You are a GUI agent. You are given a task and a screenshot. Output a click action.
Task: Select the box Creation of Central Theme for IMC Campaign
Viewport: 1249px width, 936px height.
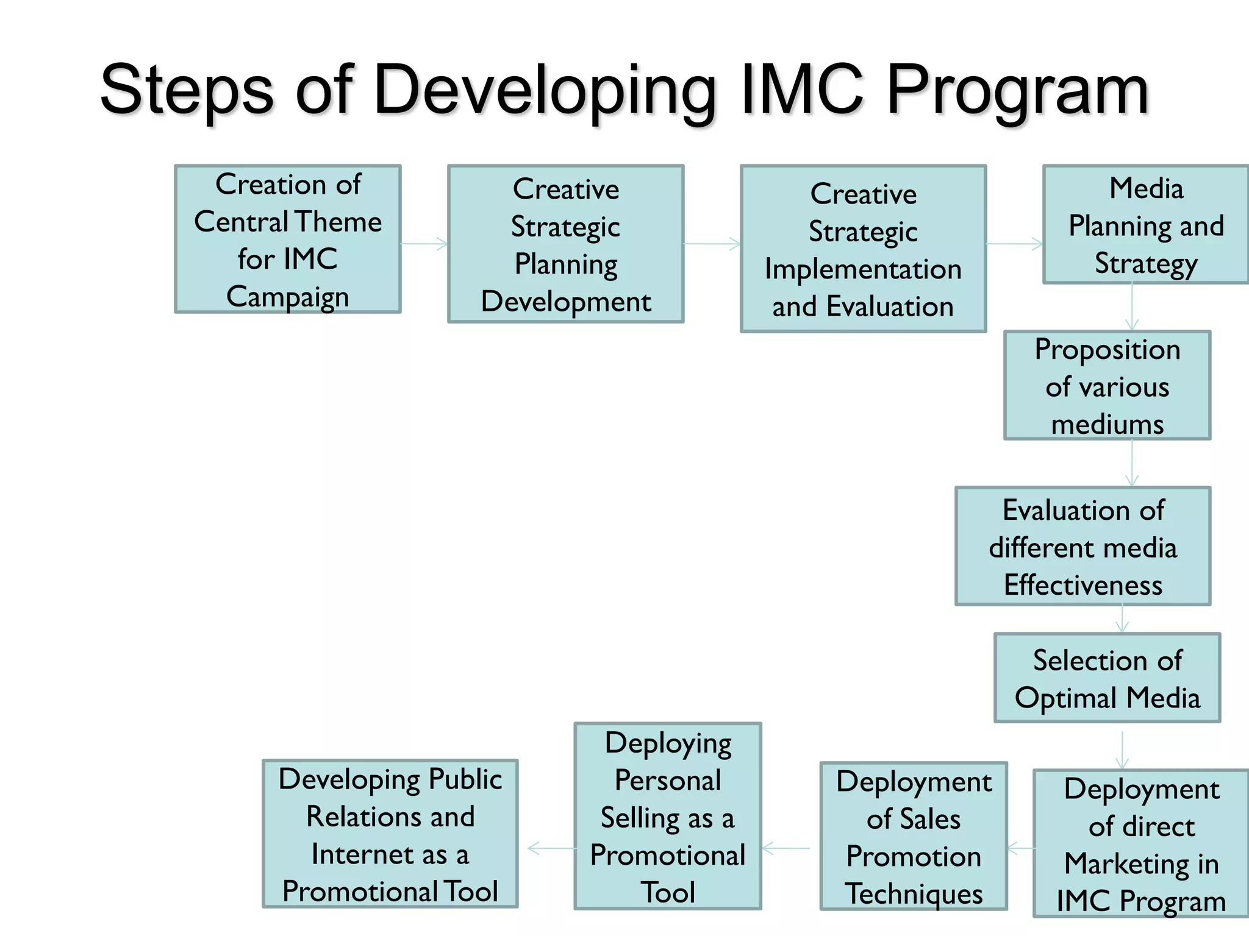pos(288,239)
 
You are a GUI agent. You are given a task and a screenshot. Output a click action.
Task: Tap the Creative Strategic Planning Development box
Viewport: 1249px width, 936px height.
pos(565,244)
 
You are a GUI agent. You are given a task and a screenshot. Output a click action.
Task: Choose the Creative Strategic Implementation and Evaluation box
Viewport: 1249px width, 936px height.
pos(863,249)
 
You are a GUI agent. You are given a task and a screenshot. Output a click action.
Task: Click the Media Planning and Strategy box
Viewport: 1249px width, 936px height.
pos(1145,225)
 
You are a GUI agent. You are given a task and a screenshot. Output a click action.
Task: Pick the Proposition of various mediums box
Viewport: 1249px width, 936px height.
pos(1107,386)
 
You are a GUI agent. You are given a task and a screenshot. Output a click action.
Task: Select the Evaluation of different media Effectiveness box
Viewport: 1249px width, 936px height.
pos(1083,547)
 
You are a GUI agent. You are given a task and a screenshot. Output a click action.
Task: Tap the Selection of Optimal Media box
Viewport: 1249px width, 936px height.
pos(1107,678)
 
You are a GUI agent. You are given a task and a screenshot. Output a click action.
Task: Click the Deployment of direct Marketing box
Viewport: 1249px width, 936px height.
pos(1140,844)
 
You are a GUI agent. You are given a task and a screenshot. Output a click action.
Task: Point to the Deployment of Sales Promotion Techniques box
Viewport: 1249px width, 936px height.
pos(913,837)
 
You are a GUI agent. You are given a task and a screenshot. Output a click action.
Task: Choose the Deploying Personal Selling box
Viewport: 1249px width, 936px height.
pos(668,817)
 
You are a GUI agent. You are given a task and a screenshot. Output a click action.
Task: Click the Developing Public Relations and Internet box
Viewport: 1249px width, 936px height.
pos(390,834)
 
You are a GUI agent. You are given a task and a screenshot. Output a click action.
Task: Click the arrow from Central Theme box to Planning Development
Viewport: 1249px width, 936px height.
pos(424,244)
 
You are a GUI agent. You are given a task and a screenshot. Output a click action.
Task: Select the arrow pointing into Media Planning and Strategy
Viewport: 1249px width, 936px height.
pos(1015,244)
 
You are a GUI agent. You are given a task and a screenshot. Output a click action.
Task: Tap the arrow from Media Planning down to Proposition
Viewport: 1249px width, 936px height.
pos(1132,307)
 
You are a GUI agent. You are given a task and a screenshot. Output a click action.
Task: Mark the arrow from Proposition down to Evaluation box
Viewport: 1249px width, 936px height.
pos(1132,463)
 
